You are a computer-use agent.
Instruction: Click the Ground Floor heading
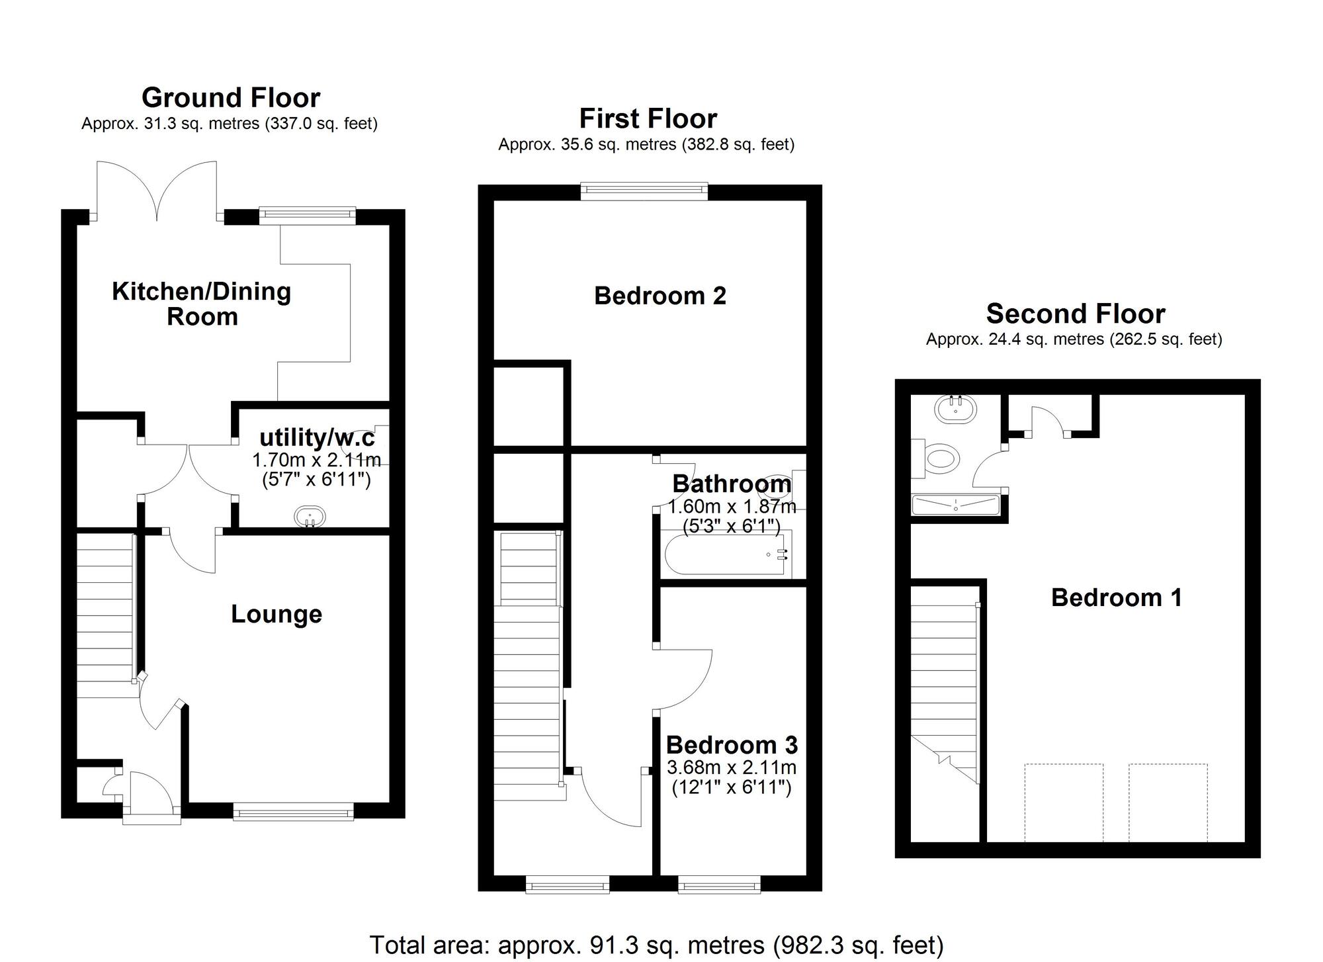pyautogui.click(x=231, y=98)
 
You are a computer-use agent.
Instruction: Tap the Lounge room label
pyautogui.click(x=277, y=615)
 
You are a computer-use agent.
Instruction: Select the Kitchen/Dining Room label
pyautogui.click(x=202, y=304)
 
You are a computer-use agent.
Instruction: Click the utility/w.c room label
pyautogui.click(x=317, y=437)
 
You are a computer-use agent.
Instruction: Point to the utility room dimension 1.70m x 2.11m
pyautogui.click(x=317, y=460)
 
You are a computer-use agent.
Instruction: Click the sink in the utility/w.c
pyautogui.click(x=310, y=516)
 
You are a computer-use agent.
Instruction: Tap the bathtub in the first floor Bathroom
pyautogui.click(x=726, y=554)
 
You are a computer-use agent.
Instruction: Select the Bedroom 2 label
pyautogui.click(x=660, y=296)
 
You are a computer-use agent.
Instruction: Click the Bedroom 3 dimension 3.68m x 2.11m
pyautogui.click(x=732, y=767)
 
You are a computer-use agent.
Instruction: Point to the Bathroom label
pyautogui.click(x=732, y=484)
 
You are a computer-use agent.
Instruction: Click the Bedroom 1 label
pyautogui.click(x=1117, y=598)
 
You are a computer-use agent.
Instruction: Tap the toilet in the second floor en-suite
pyautogui.click(x=936, y=458)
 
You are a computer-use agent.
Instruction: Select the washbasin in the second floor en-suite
pyautogui.click(x=956, y=409)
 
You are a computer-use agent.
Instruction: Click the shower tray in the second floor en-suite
pyautogui.click(x=955, y=505)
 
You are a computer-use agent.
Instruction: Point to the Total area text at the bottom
pyautogui.click(x=656, y=945)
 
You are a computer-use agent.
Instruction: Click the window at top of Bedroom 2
pyautogui.click(x=644, y=192)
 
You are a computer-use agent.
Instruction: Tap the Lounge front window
pyautogui.click(x=293, y=812)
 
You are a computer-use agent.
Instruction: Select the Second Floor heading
pyautogui.click(x=1076, y=314)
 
